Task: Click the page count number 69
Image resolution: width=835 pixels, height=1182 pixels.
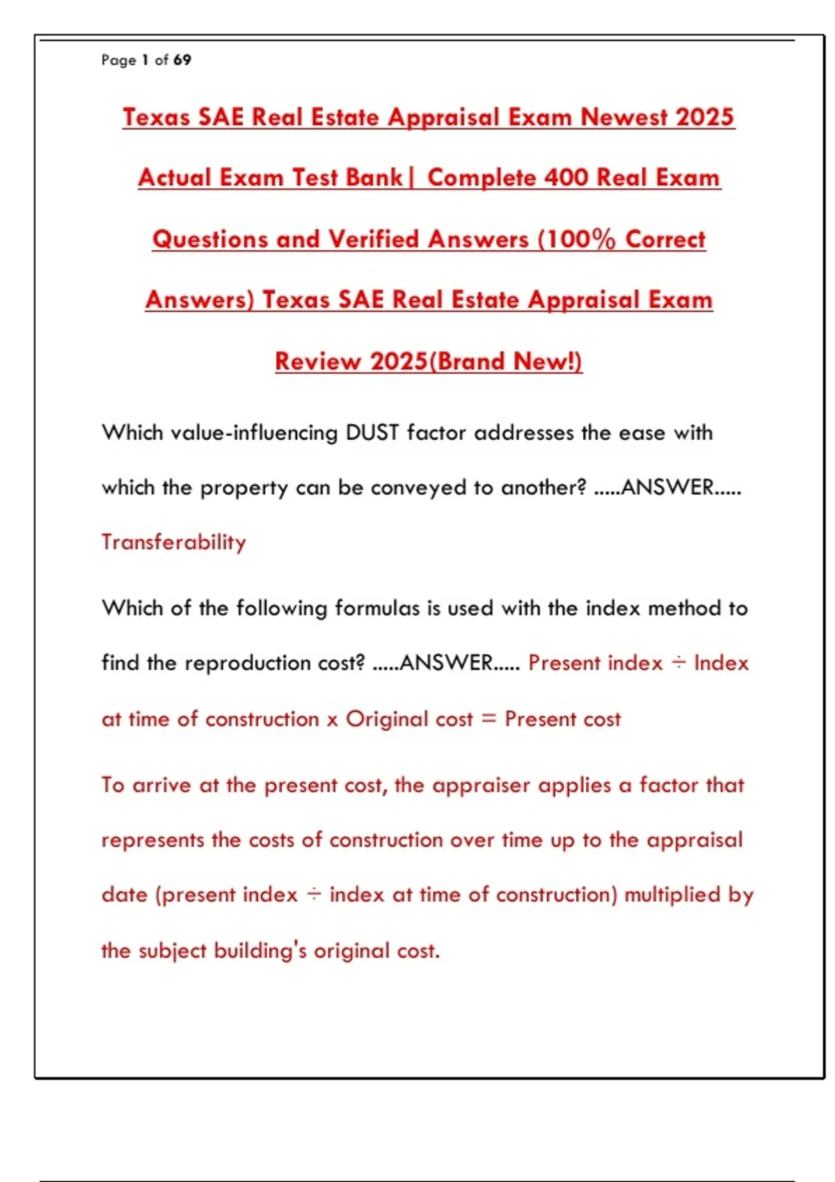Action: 182,60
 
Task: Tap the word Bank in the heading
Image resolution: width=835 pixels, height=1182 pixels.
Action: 374,177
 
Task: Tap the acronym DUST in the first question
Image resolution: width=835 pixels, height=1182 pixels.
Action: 372,432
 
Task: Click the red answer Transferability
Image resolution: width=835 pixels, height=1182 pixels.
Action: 174,542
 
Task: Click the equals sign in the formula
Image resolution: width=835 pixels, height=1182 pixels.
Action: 488,718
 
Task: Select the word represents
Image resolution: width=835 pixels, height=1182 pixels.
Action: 152,840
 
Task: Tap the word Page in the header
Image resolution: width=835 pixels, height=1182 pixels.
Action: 118,60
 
